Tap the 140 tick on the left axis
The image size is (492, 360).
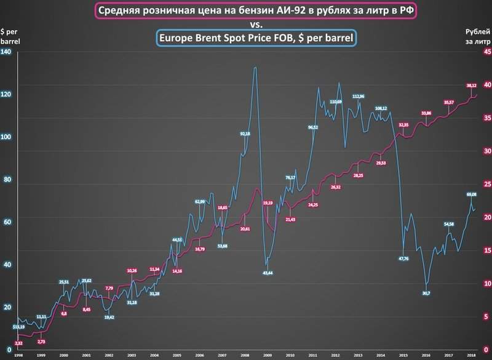[x=7, y=52]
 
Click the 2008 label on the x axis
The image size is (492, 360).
[x=245, y=355]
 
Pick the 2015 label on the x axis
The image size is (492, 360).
[x=402, y=355]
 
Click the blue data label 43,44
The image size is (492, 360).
[x=268, y=272]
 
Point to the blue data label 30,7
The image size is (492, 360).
[x=426, y=294]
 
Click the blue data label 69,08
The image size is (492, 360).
[x=471, y=195]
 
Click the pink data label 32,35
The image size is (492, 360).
[x=403, y=125]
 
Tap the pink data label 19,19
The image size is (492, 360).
[x=268, y=202]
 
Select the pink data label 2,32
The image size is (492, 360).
[x=19, y=343]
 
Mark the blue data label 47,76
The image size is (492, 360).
[x=403, y=258]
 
